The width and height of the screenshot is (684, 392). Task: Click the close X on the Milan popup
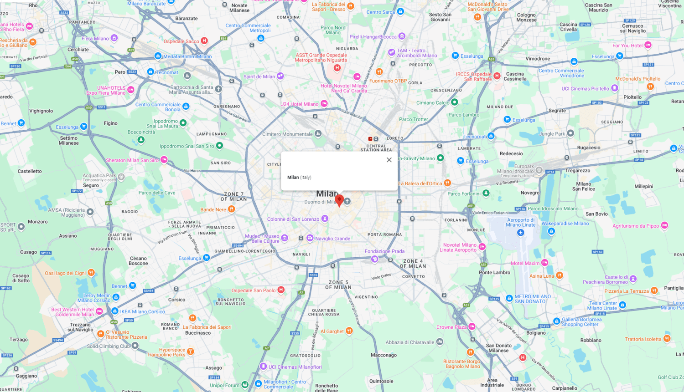click(x=389, y=160)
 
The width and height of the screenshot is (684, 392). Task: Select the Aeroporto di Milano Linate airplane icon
click(x=521, y=233)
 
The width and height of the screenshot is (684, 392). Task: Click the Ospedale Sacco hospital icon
click(x=205, y=41)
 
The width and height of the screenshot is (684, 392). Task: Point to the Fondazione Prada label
click(x=384, y=251)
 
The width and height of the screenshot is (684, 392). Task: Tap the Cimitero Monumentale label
click(x=287, y=134)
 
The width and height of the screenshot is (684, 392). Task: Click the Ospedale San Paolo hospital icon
click(x=281, y=290)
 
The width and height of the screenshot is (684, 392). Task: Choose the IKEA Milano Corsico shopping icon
click(x=115, y=311)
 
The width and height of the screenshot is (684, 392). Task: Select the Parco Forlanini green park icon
click(x=486, y=193)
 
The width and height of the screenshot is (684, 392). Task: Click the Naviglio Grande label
click(x=333, y=239)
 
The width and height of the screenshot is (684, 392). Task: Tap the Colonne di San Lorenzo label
click(x=293, y=219)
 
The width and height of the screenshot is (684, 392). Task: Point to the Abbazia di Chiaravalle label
click(x=410, y=342)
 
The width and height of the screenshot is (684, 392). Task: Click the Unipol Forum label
click(x=224, y=386)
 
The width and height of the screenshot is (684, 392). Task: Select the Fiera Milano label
click(x=95, y=39)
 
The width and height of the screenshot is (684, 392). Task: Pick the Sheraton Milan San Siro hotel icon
click(x=164, y=160)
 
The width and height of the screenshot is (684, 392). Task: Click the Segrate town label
click(x=557, y=111)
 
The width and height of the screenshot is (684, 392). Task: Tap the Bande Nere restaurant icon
click(x=232, y=209)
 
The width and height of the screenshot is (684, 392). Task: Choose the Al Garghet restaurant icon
click(x=349, y=331)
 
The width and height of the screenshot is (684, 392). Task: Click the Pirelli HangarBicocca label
click(x=373, y=37)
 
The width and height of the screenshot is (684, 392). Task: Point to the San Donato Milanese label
click(x=498, y=348)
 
